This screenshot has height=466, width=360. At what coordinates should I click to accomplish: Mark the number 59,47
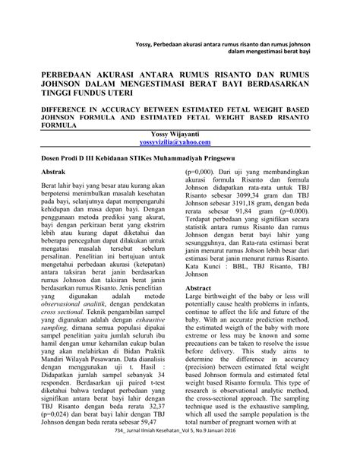(x=161, y=426)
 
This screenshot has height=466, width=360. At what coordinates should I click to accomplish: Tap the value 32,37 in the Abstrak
(x=161, y=408)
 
